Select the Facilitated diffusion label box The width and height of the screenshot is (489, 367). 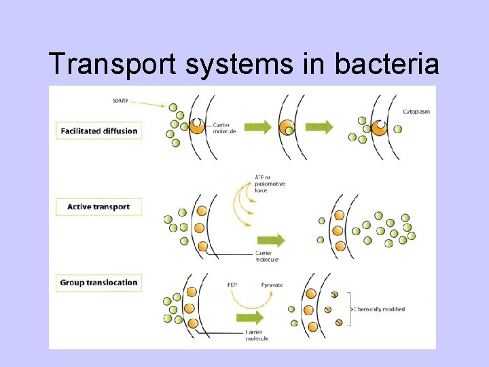(98, 130)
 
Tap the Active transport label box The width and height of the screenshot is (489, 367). (98, 207)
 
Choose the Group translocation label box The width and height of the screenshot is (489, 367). (98, 283)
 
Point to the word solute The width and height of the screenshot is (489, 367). (120, 101)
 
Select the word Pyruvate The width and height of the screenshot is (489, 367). (272, 285)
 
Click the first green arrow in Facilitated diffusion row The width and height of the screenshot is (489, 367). (257, 127)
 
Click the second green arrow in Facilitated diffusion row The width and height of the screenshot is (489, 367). (319, 127)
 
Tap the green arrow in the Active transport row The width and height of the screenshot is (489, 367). (271, 240)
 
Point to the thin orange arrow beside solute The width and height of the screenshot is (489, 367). (149, 103)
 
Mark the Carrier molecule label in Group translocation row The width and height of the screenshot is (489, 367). (256, 334)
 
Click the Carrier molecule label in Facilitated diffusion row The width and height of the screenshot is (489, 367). (224, 128)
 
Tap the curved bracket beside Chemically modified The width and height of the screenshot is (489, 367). (349, 309)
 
